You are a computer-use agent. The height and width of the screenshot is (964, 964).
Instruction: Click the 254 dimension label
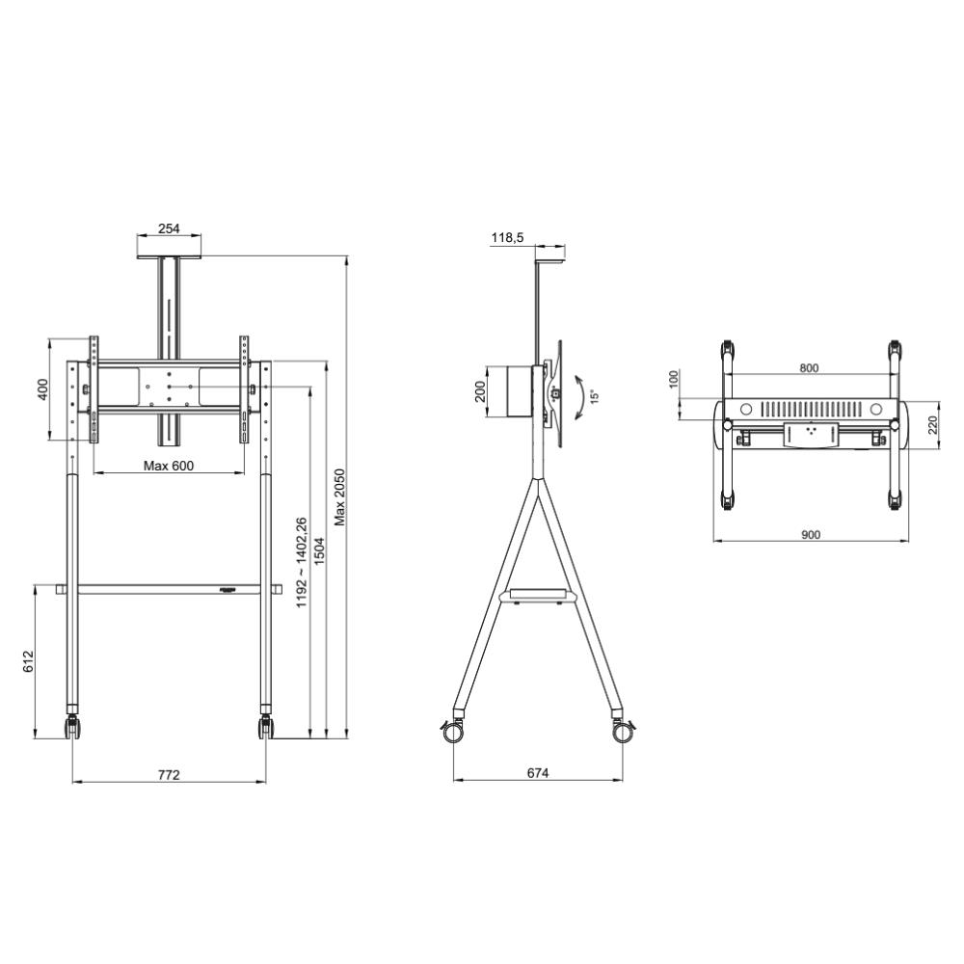click(x=169, y=229)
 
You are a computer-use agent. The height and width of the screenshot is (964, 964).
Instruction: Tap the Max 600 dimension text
click(x=169, y=466)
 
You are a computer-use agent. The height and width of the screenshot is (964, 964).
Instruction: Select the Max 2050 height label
click(x=339, y=497)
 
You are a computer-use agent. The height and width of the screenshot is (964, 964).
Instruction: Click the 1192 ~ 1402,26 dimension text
click(x=301, y=561)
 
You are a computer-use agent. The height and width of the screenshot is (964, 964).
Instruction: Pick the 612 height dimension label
click(x=28, y=661)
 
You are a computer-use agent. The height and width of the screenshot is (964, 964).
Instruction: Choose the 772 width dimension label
click(x=169, y=774)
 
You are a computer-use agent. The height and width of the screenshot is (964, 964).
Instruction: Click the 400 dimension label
click(x=41, y=389)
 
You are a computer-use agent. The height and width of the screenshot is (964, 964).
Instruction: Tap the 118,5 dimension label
click(x=507, y=238)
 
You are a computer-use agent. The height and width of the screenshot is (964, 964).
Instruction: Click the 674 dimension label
click(x=538, y=774)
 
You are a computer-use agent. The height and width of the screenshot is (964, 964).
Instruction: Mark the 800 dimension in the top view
click(x=809, y=367)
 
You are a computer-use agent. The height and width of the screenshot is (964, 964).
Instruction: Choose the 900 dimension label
click(x=811, y=534)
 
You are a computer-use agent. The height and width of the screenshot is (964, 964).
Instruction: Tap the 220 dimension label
click(x=932, y=425)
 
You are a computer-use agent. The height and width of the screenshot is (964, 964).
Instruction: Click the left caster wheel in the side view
click(x=452, y=732)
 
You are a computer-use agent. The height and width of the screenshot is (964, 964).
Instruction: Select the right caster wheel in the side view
click(x=623, y=732)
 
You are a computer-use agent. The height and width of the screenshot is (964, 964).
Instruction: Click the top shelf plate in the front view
click(x=169, y=256)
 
